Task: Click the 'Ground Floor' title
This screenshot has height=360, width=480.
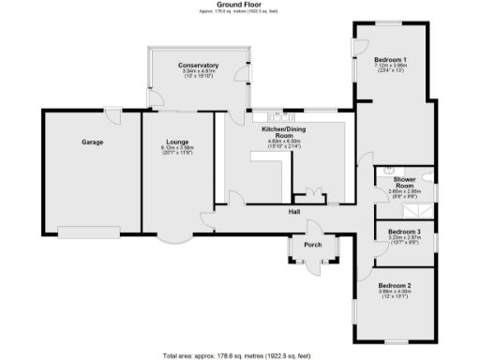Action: (240, 5)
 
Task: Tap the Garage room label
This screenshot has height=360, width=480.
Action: (91, 143)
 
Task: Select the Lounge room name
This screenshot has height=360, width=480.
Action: (176, 142)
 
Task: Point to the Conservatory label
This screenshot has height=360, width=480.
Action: (198, 65)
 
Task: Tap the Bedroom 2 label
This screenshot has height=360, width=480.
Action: (396, 285)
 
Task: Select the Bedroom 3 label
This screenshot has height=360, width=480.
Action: (405, 231)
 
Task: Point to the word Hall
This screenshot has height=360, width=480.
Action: (293, 212)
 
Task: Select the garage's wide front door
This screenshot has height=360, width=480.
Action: (94, 229)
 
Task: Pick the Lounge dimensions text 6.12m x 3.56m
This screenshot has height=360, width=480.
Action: (176, 148)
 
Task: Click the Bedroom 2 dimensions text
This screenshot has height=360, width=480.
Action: (396, 292)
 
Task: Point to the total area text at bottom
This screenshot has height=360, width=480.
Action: (240, 355)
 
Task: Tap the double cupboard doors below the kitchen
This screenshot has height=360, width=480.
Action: (307, 196)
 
